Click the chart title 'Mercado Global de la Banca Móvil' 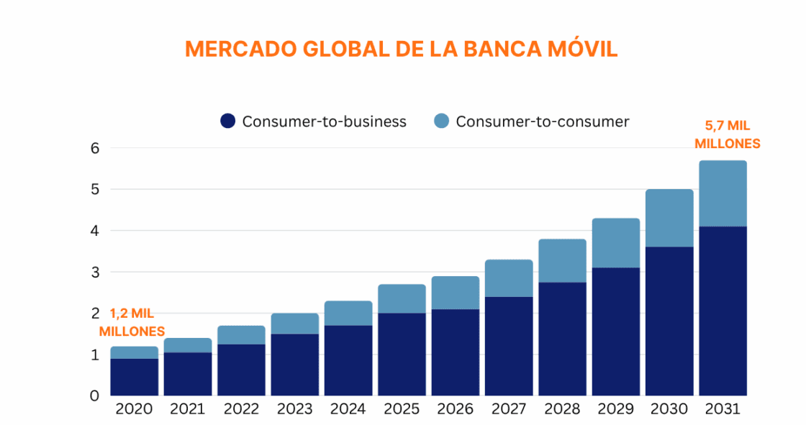click(x=401, y=49)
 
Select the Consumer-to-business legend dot click(x=228, y=122)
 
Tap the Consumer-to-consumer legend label click(x=542, y=122)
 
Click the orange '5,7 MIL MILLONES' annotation click(x=727, y=134)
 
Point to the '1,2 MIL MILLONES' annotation click(x=132, y=323)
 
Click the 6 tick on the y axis click(x=94, y=149)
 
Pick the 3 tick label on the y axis click(x=94, y=273)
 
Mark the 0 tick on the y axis click(x=94, y=396)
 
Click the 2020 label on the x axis click(x=134, y=409)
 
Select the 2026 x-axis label click(x=455, y=409)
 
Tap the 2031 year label click(x=723, y=409)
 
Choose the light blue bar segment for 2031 click(x=723, y=193)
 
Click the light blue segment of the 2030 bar click(x=669, y=218)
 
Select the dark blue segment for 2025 click(x=402, y=354)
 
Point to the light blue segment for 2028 click(x=562, y=260)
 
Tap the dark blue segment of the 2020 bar click(x=134, y=377)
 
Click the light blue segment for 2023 click(x=294, y=324)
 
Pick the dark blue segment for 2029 click(x=615, y=332)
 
